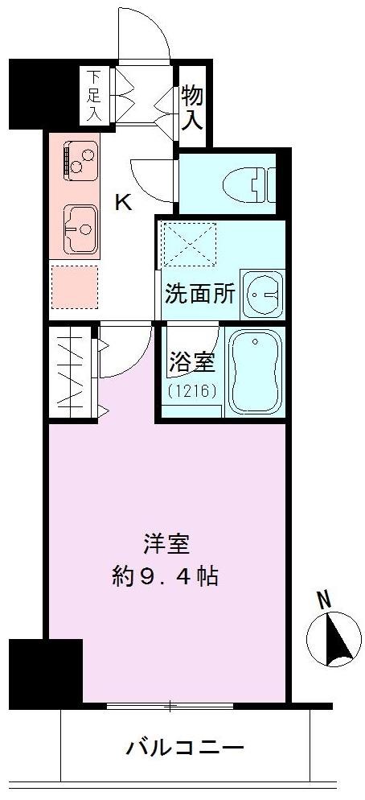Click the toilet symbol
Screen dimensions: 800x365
coord(258,183)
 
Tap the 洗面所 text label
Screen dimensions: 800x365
coord(200,294)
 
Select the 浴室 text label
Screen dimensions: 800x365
coord(192,363)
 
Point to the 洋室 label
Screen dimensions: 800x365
coord(166,545)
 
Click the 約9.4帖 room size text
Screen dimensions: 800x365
coord(166,576)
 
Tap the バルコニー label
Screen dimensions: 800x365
coord(185,748)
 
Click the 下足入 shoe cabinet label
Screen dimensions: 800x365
coord(94,96)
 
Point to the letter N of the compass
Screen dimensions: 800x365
coord(323,600)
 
